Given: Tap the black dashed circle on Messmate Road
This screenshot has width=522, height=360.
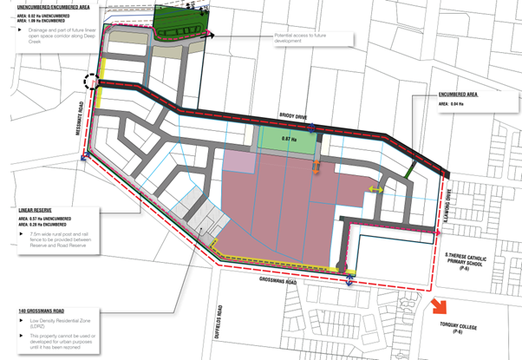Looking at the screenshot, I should coord(92,83).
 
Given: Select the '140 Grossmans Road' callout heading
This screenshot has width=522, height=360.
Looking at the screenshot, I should coord(42,311).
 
